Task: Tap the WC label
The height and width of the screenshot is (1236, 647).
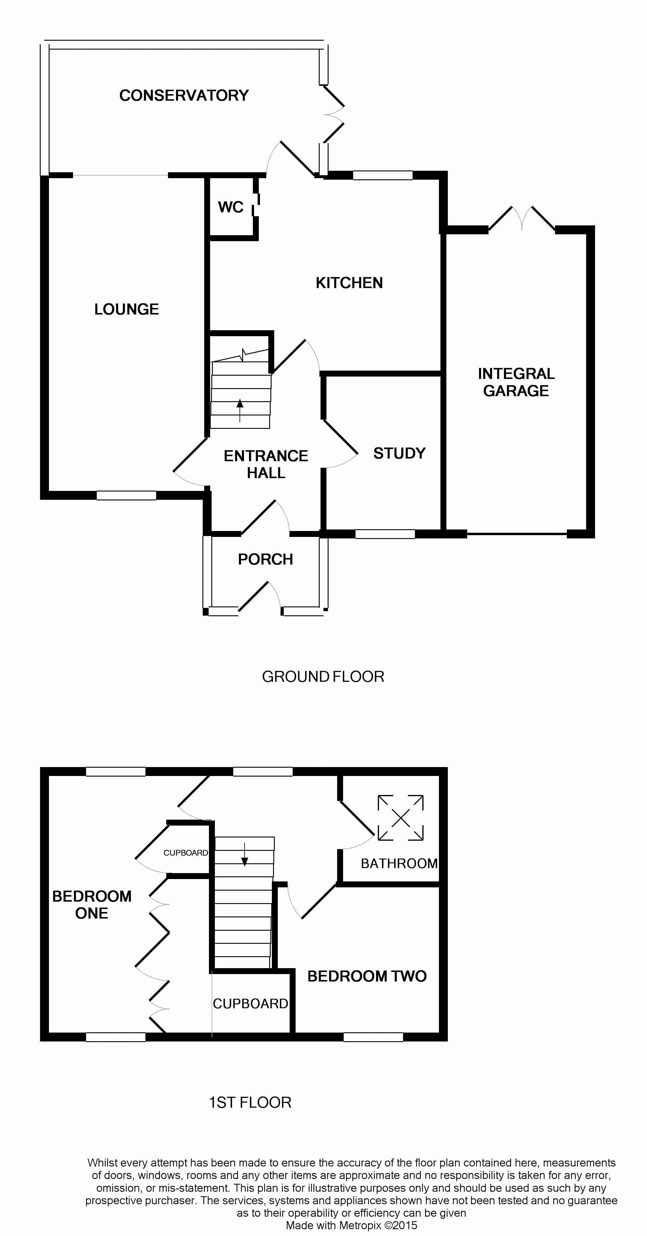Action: click(x=231, y=207)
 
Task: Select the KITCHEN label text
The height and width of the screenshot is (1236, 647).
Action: click(x=349, y=283)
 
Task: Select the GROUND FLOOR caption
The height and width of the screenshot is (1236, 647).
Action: click(x=323, y=677)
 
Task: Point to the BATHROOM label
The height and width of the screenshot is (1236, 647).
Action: click(x=399, y=864)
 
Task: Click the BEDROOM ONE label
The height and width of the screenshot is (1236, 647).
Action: click(x=92, y=905)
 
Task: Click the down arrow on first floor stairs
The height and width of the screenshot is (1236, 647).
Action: click(x=245, y=855)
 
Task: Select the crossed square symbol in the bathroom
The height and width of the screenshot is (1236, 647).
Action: click(x=400, y=818)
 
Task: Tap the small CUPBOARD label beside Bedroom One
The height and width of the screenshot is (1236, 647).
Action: click(x=185, y=853)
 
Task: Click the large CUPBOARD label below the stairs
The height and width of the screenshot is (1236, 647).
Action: click(x=250, y=1004)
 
